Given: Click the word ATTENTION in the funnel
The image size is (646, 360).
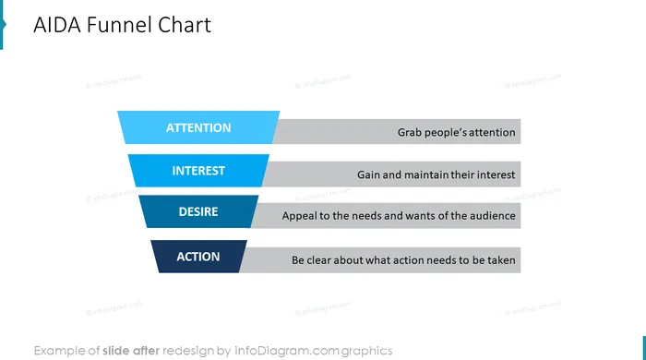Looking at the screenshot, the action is (198, 127).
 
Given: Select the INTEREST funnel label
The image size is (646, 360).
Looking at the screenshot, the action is (198, 171).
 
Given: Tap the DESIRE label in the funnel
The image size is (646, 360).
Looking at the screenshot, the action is (198, 211).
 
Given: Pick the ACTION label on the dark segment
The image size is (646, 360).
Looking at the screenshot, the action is (198, 257).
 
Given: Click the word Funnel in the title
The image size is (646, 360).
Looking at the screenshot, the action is (119, 25).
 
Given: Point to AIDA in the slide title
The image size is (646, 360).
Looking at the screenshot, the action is (57, 25).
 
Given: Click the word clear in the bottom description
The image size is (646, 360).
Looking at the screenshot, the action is (318, 260).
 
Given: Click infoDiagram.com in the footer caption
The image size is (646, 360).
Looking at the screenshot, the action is (286, 351).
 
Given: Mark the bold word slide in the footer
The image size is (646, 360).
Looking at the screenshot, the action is (116, 351).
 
